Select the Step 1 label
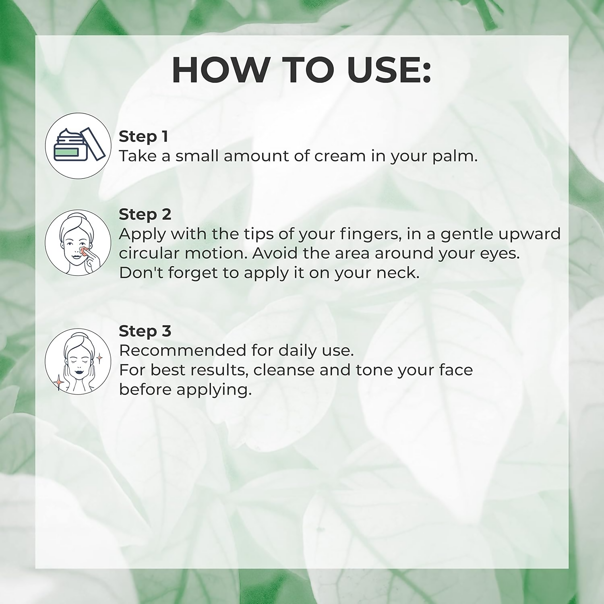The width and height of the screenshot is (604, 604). (143, 137)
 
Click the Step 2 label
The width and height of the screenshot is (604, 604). (145, 215)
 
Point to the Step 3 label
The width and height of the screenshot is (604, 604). (145, 331)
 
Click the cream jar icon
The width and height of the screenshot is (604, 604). (78, 146)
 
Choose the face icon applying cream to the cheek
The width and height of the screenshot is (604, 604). (78, 243)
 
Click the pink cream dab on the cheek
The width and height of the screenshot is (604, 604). (83, 251)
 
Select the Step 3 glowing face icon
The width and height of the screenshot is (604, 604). (78, 361)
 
